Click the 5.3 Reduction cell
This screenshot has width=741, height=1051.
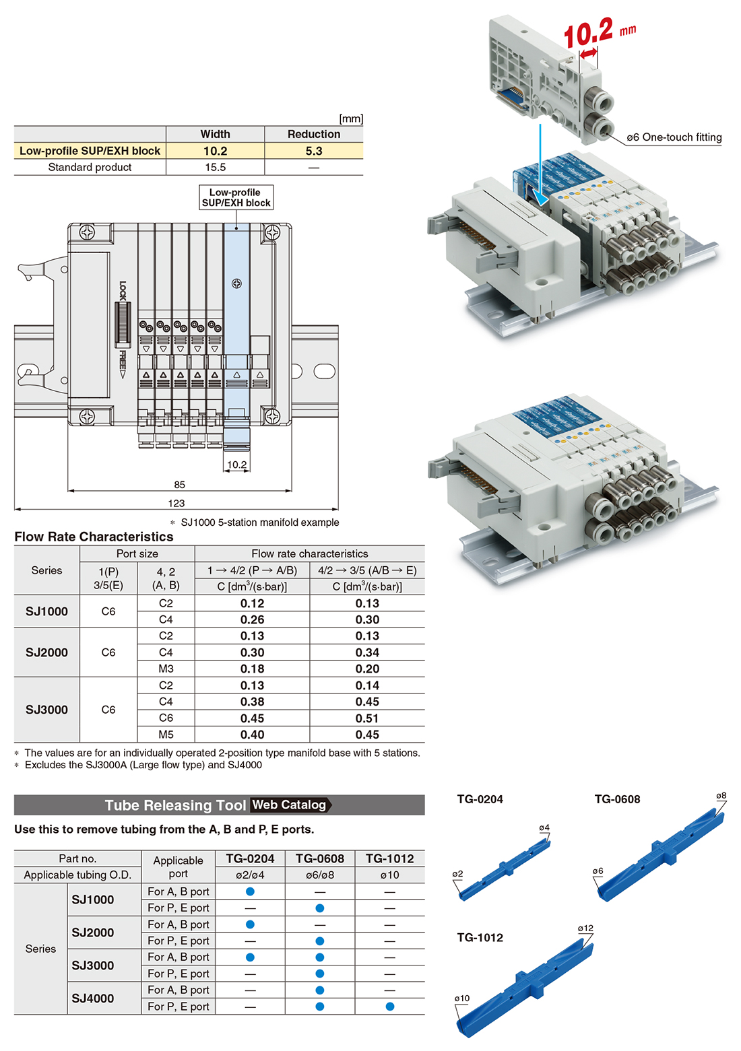pos(314,151)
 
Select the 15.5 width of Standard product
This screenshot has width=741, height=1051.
pos(215,167)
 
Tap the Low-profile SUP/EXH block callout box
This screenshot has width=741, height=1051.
pos(236,197)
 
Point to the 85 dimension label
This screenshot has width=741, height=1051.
pos(179,484)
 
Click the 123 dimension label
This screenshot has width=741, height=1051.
pos(176,503)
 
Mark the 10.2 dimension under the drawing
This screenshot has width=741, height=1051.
pos(236,465)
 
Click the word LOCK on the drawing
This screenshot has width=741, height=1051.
pos(123,290)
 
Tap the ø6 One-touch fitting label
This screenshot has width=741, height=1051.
pos(674,137)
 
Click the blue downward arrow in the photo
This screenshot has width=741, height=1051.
pos(541,165)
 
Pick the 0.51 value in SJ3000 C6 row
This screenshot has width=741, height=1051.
pos(367,718)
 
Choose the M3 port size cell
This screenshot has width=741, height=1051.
pos(166,669)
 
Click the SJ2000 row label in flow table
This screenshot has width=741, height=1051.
pos(46,652)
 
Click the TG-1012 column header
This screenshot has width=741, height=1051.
pos(390,858)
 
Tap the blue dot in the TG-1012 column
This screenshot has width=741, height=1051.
pos(390,1007)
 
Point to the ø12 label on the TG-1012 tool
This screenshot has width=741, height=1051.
pos(585,928)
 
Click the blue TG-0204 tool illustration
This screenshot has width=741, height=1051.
pos(504,871)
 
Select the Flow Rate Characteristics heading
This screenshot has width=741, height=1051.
pos(94,537)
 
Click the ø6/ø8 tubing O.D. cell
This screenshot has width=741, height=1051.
pos(320,875)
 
